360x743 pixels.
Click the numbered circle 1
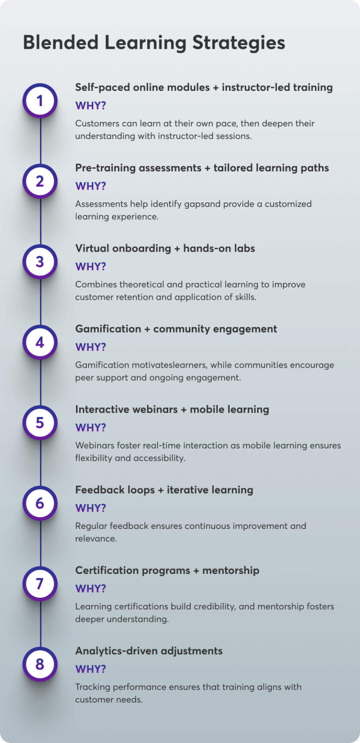click(x=40, y=101)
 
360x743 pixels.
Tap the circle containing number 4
click(x=40, y=342)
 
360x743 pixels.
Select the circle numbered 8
click(x=40, y=664)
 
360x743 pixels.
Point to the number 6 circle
click(x=40, y=504)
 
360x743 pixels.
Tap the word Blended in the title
click(x=61, y=43)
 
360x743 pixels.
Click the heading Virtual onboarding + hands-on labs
click(x=165, y=248)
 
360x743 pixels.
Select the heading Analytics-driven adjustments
click(x=149, y=651)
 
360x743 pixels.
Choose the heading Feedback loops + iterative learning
click(x=164, y=490)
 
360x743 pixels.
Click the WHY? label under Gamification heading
click(x=91, y=347)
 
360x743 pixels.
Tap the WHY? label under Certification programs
click(x=91, y=589)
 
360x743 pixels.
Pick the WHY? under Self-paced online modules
click(x=91, y=106)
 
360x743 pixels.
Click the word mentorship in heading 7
click(x=231, y=571)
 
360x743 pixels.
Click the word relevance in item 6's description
click(x=96, y=539)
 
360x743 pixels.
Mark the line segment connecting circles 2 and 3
click(x=40, y=222)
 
